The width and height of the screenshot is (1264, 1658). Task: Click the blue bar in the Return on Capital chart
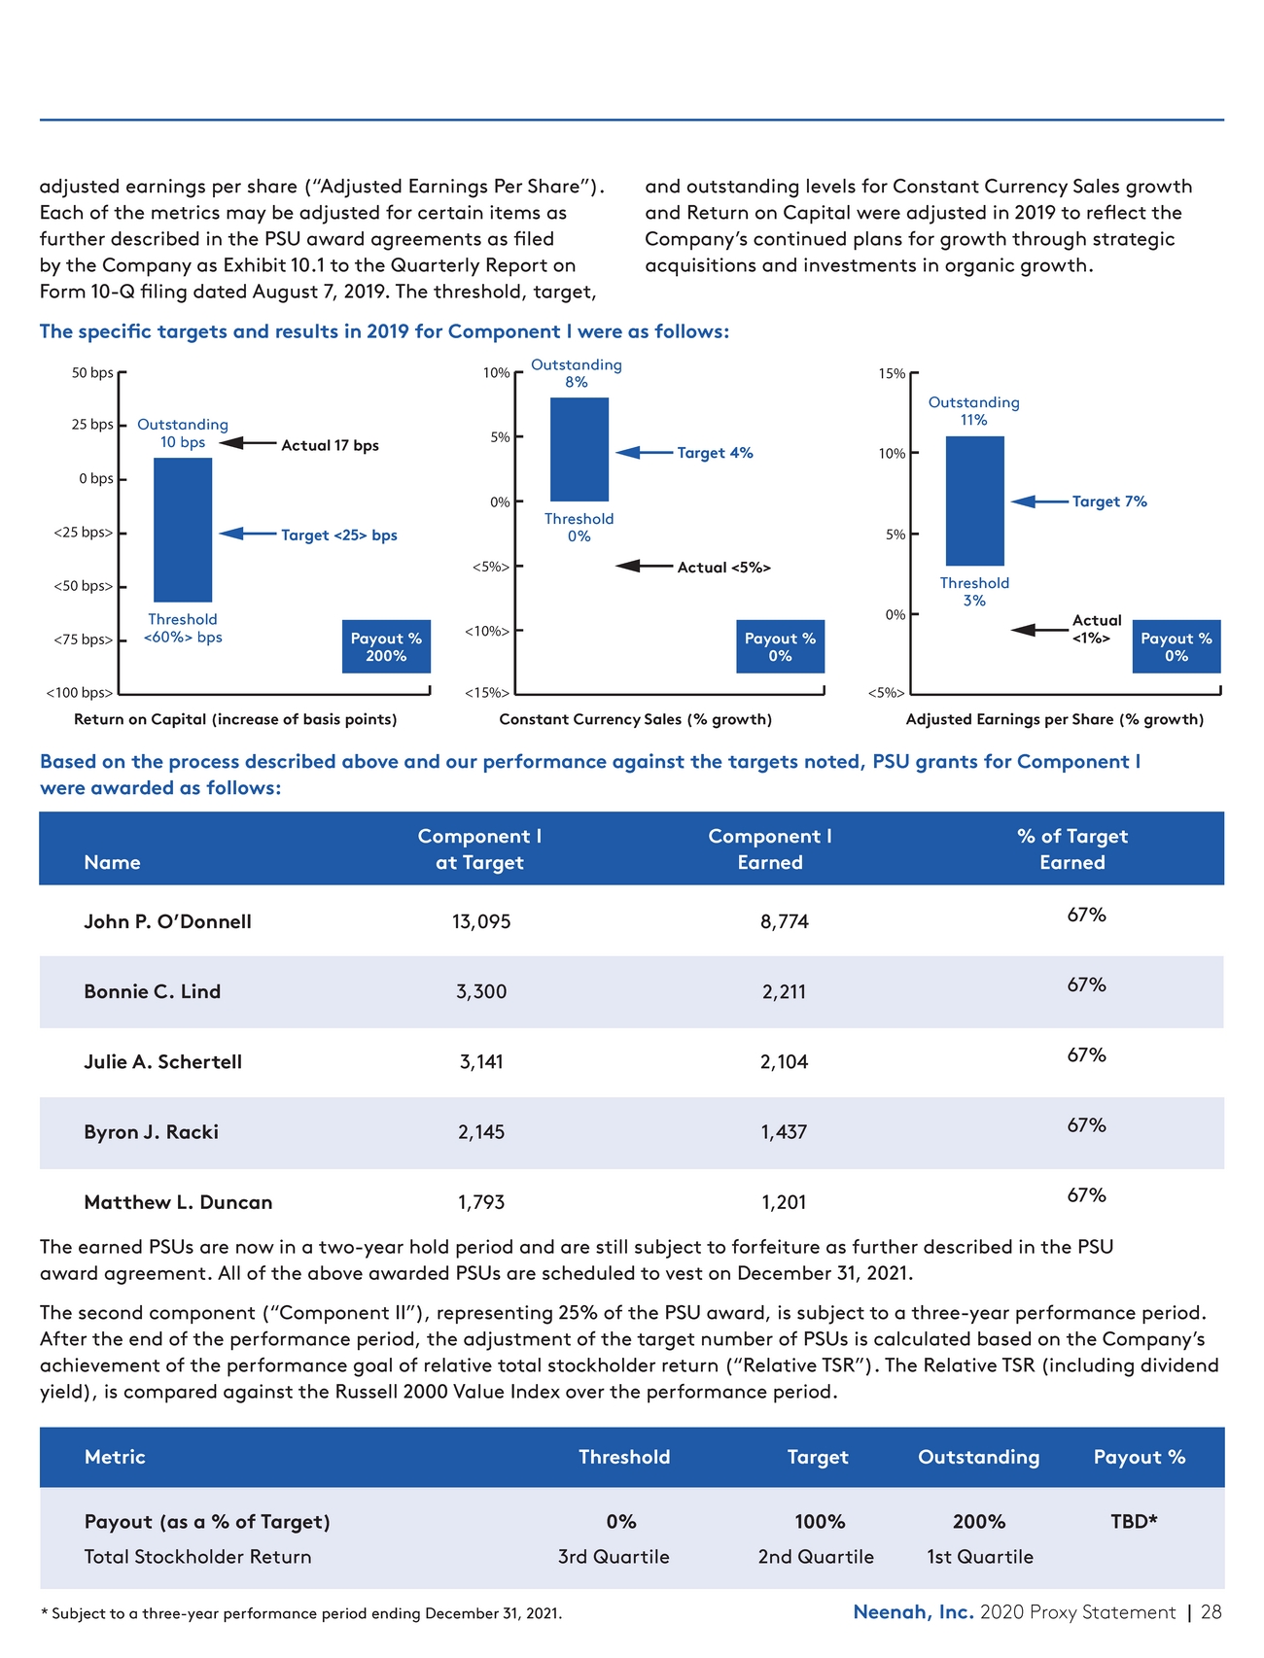[x=183, y=530]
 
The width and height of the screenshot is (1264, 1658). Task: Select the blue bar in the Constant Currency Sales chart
[x=579, y=449]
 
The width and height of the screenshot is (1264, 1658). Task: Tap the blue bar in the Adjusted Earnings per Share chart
[x=974, y=501]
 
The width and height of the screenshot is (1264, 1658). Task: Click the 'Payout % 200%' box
[x=386, y=647]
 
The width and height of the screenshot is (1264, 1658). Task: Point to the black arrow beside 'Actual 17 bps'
[x=248, y=444]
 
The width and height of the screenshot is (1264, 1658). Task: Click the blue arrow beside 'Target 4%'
[x=644, y=453]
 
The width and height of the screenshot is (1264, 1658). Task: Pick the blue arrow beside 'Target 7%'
[x=1039, y=501]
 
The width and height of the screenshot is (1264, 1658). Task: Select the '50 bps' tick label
[x=92, y=373]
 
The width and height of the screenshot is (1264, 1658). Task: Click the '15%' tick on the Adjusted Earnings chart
[x=892, y=374]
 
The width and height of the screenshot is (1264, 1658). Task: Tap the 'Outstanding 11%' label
[x=974, y=411]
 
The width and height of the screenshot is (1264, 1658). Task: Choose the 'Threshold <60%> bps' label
[x=183, y=629]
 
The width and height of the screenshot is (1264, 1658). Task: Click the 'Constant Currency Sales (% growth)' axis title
[x=635, y=720]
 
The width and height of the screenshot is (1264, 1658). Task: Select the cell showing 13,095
[x=481, y=921]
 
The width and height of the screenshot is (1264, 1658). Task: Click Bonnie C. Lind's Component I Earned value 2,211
[x=784, y=992]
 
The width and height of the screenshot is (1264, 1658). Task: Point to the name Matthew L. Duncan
[x=178, y=1203]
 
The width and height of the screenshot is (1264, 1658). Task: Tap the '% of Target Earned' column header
[x=1072, y=849]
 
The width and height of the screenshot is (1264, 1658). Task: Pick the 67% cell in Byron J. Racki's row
[x=1086, y=1125]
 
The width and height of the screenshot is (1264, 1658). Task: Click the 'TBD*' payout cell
[x=1134, y=1522]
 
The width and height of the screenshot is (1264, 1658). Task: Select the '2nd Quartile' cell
[x=816, y=1557]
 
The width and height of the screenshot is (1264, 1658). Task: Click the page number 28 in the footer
[x=1211, y=1612]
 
